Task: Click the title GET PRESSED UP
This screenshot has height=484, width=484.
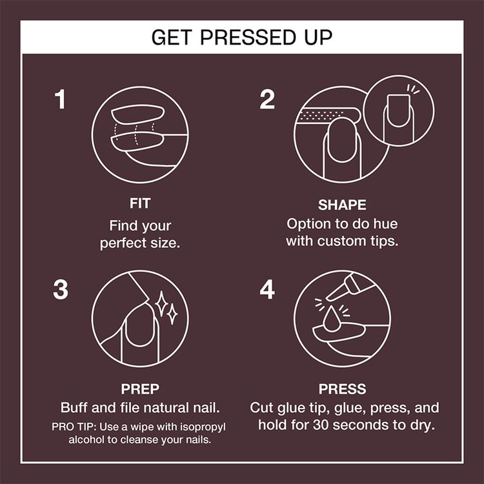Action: tap(242, 37)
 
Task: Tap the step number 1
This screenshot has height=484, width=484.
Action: tap(60, 100)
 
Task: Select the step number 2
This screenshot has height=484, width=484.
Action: tap(267, 100)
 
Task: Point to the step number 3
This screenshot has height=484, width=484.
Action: tap(61, 290)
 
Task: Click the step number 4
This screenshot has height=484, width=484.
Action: tap(267, 290)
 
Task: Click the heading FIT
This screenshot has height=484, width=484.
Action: tap(140, 205)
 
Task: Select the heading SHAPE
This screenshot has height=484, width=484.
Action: tap(342, 205)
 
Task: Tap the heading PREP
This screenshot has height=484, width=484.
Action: tap(140, 390)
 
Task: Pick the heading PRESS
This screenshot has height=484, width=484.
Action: tap(342, 390)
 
